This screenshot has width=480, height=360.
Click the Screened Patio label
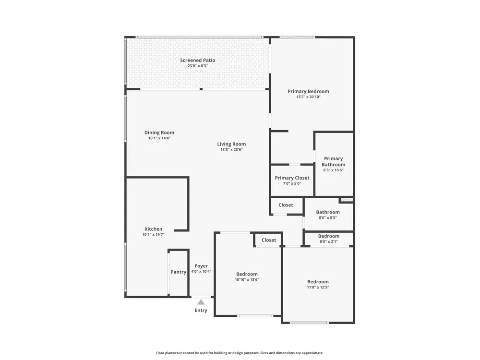pyautogui.click(x=197, y=60)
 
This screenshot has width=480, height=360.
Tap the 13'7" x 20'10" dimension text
pyautogui.click(x=308, y=97)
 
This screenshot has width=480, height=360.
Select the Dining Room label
pyautogui.click(x=159, y=132)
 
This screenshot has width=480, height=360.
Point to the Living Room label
pyautogui.click(x=231, y=144)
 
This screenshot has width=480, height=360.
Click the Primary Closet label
pyautogui.click(x=292, y=178)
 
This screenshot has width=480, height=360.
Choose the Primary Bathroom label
pyautogui.click(x=334, y=161)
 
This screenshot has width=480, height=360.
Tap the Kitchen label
pyautogui.click(x=154, y=229)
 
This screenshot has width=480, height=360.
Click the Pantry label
pyautogui.click(x=179, y=272)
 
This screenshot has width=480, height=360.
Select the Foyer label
pyautogui.click(x=201, y=266)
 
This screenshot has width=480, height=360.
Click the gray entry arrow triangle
pyautogui.click(x=201, y=302)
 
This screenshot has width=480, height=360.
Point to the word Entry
pyautogui.click(x=201, y=311)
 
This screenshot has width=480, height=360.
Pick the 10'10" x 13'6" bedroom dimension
pyautogui.click(x=247, y=279)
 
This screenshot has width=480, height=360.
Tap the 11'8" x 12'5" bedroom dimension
pyautogui.click(x=318, y=287)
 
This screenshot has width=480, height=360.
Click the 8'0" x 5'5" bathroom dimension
pyautogui.click(x=328, y=217)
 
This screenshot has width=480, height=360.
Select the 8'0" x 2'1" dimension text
pyautogui.click(x=329, y=241)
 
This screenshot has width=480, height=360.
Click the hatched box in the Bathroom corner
pyautogui.click(x=347, y=200)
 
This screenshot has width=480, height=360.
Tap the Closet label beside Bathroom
pyautogui.click(x=286, y=205)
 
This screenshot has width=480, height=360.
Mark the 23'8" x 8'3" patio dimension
pyautogui.click(x=198, y=66)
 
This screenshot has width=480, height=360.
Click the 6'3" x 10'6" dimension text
pyautogui.click(x=334, y=170)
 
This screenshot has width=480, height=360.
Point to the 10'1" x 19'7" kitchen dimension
pyautogui.click(x=154, y=235)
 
